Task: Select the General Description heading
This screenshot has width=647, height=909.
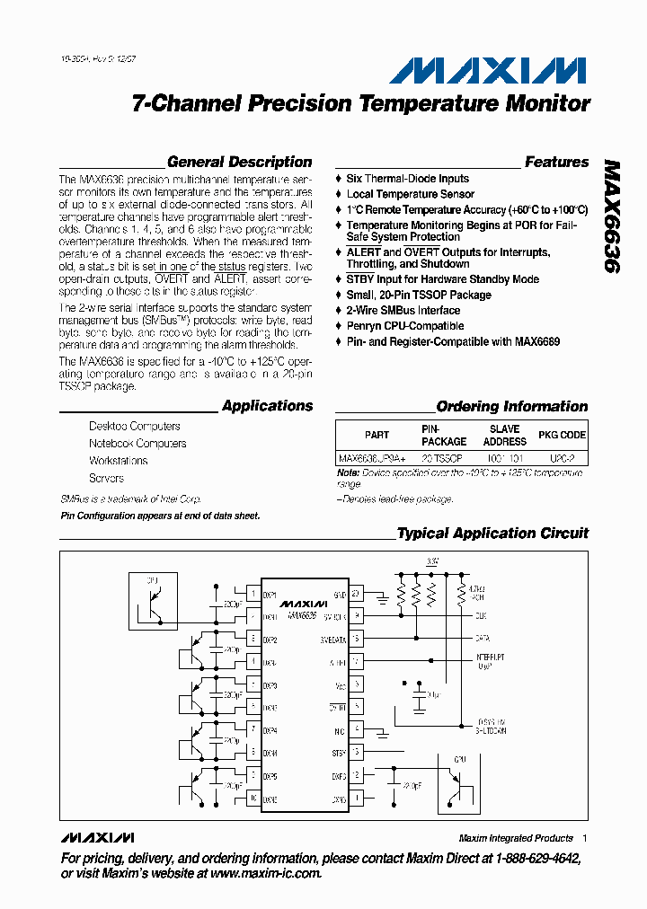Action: coord(240,163)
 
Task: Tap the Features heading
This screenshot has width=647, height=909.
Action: coord(556,163)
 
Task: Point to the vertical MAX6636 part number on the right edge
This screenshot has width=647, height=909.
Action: coord(612,216)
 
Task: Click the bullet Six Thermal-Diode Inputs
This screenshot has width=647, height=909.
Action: coord(408,179)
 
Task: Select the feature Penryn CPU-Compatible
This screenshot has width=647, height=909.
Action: coord(405,326)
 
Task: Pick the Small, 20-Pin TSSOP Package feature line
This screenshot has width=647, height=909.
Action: coord(419,295)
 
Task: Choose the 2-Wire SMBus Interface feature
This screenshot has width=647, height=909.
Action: coord(403,311)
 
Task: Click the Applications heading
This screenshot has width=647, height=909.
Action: coord(267,406)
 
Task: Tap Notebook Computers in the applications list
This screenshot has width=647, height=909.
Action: coord(137,444)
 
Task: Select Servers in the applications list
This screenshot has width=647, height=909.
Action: coord(107,478)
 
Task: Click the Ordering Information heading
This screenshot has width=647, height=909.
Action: coord(512,407)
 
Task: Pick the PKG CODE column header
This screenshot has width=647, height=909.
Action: coord(562,435)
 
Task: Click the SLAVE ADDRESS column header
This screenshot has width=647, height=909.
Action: coord(504,436)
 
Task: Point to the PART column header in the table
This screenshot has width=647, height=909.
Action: coord(377,435)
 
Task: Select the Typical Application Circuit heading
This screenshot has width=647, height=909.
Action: coord(492,534)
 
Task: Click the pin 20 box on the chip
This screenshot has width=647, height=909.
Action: coord(356,595)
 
